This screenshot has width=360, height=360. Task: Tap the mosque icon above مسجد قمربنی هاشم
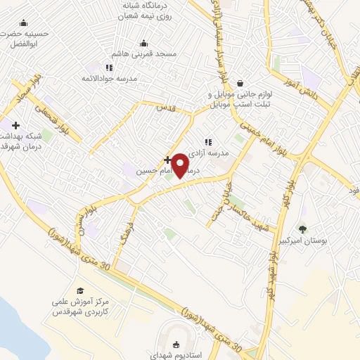click(144, 43)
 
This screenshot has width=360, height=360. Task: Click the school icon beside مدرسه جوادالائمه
click(109, 67)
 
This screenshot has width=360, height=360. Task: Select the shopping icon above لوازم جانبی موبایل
click(240, 82)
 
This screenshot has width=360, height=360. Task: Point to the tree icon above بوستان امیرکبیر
click(302, 229)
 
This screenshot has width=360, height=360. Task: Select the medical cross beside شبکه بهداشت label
click(15, 125)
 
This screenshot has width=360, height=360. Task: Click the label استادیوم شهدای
click(176, 356)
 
